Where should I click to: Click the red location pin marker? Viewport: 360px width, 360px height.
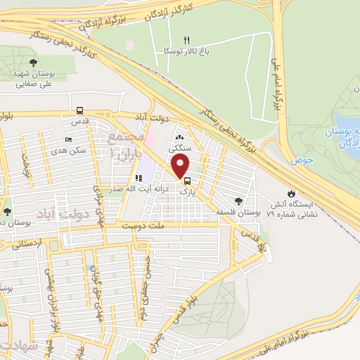(181, 166)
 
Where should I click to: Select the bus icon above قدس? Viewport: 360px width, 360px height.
(80, 110)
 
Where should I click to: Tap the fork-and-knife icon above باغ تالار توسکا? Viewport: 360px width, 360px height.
(186, 40)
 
